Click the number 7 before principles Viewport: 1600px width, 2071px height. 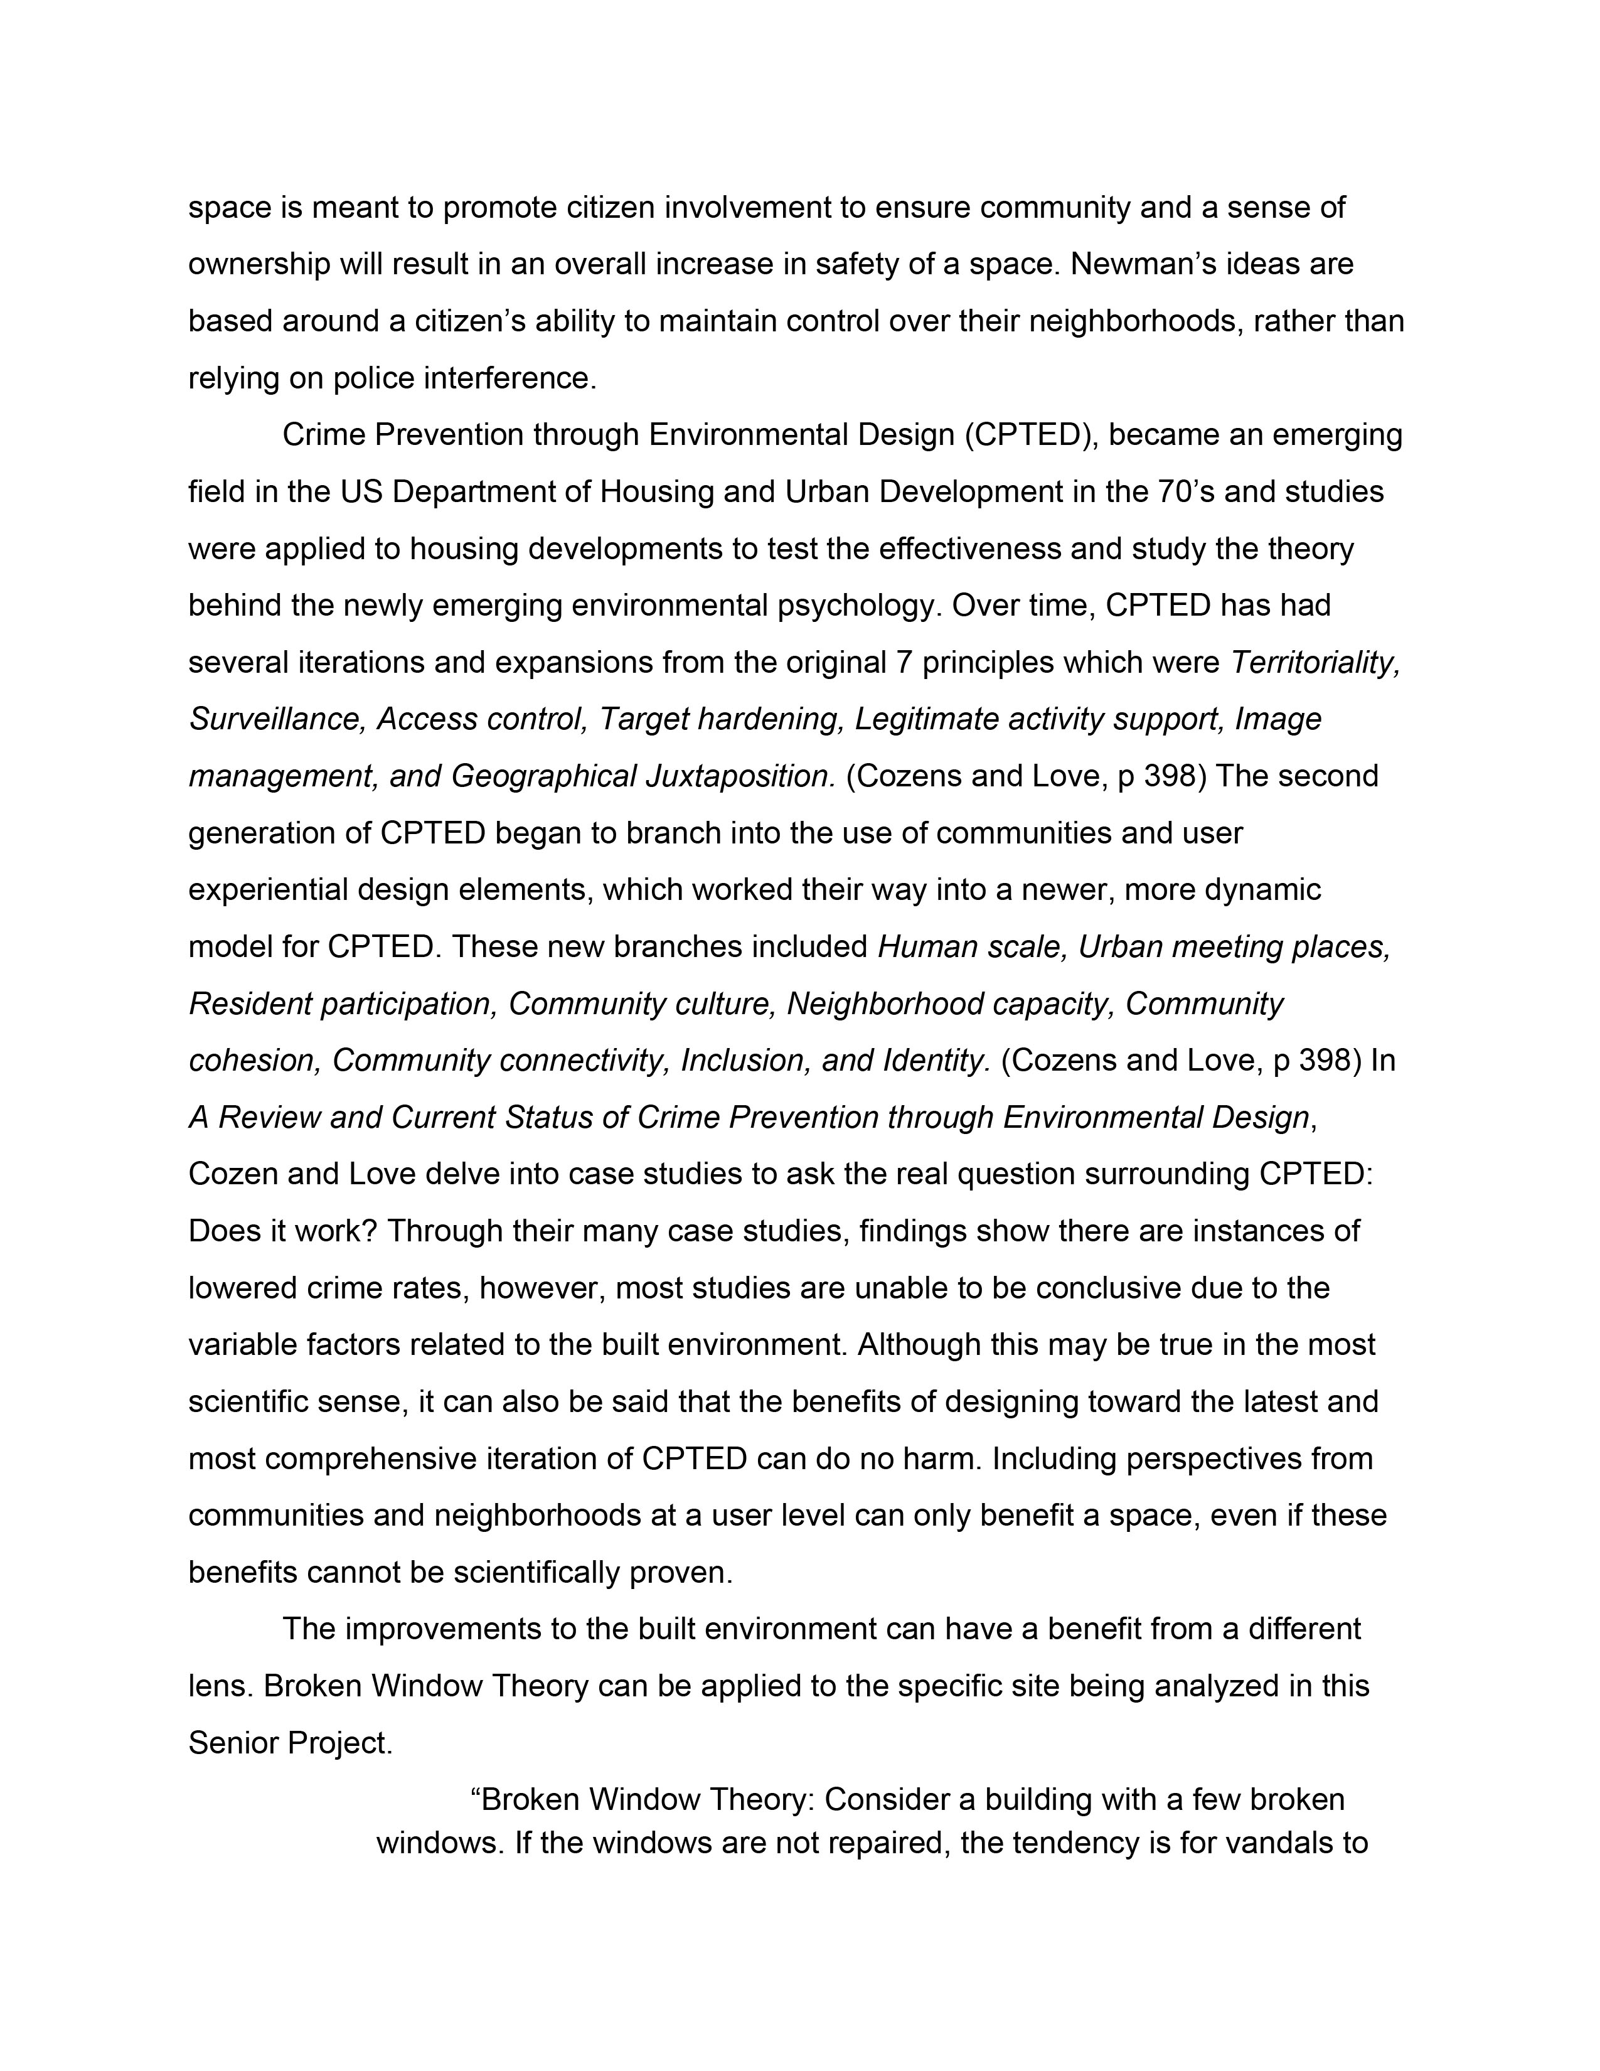(x=904, y=662)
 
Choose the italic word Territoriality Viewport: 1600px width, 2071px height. (x=1315, y=662)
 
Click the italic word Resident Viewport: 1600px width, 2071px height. (x=249, y=1003)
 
